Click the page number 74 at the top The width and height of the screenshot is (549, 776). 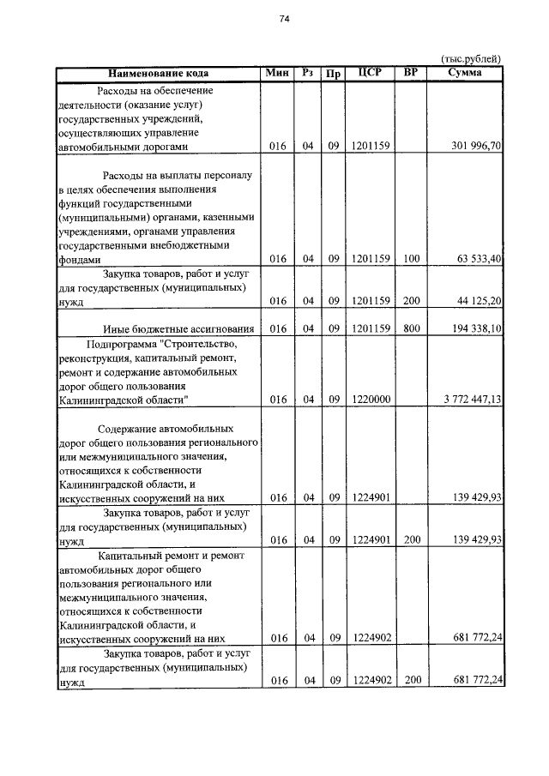pyautogui.click(x=284, y=20)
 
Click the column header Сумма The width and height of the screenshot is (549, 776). pyautogui.click(x=465, y=74)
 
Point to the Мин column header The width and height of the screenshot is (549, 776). pyautogui.click(x=277, y=74)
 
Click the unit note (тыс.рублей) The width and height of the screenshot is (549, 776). pyautogui.click(x=470, y=58)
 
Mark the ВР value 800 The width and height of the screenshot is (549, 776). pyautogui.click(x=411, y=328)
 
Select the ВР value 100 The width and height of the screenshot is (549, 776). pyautogui.click(x=411, y=258)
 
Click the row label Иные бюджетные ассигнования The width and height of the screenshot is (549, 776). pyautogui.click(x=178, y=328)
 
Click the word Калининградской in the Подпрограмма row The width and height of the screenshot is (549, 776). pyautogui.click(x=100, y=400)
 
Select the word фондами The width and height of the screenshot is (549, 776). pyautogui.click(x=79, y=259)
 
